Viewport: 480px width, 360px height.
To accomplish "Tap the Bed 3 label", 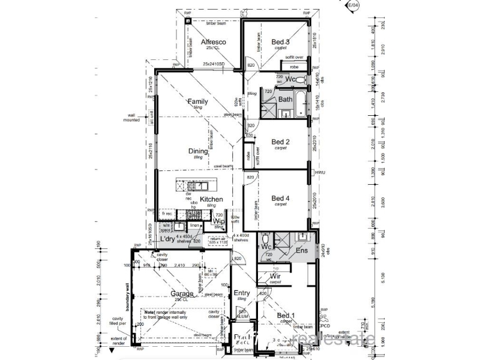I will [281, 41].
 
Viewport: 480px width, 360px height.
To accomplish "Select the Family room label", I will [197, 101].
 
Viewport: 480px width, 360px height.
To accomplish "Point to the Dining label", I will [198, 151].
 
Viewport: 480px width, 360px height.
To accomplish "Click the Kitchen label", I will [211, 199].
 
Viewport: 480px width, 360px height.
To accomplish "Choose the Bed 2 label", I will [280, 142].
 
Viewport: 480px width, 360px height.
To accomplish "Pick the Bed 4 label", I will [280, 198].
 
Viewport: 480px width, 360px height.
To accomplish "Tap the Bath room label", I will [285, 100].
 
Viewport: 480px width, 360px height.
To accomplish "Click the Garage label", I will [181, 293].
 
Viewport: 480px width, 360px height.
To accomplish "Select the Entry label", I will [242, 293].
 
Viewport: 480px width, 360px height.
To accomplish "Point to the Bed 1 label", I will [286, 316].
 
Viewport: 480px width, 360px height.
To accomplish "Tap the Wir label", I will [275, 276].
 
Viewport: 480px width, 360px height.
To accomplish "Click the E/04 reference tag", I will [355, 5].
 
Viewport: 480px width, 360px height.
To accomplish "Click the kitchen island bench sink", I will [198, 184].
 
